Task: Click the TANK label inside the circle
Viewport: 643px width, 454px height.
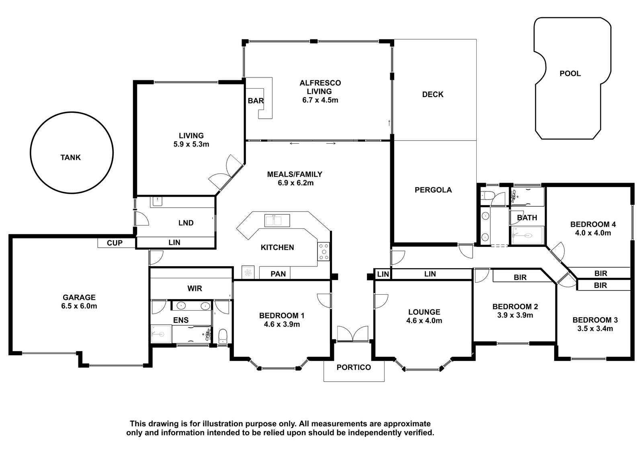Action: [x=71, y=157]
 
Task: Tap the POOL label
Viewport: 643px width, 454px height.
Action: [x=570, y=74]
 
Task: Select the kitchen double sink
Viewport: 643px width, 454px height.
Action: [x=277, y=220]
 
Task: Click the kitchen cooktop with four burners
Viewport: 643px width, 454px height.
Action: [x=324, y=252]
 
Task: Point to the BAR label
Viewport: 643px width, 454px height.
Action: [x=256, y=101]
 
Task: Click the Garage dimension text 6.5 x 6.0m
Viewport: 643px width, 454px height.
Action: [x=79, y=306]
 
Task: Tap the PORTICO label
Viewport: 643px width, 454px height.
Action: [x=354, y=367]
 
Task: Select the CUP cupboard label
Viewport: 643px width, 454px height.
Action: [x=115, y=243]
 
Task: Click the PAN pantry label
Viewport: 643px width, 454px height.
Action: [x=278, y=274]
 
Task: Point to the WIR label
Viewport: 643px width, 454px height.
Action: [x=195, y=289]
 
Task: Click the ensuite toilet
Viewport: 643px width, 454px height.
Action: [x=223, y=336]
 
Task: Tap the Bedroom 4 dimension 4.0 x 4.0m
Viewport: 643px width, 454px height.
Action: [x=593, y=233]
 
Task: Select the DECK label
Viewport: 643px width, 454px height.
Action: [x=432, y=94]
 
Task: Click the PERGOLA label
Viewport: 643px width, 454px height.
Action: [x=433, y=190]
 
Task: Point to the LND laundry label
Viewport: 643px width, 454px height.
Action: [x=186, y=223]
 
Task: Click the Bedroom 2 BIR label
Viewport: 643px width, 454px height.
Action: [x=520, y=278]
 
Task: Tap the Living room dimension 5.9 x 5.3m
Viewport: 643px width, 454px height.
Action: [x=191, y=144]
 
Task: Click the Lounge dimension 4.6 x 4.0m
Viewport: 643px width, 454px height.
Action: [x=424, y=321]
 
